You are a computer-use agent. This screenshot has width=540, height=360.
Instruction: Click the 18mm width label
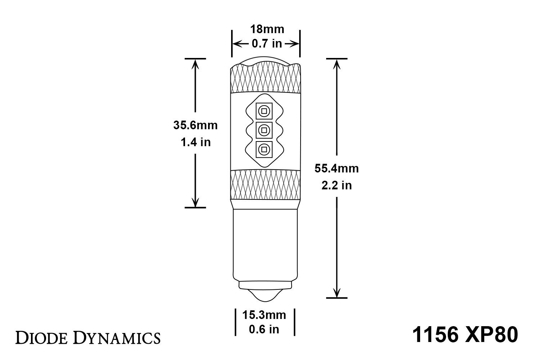[267, 29]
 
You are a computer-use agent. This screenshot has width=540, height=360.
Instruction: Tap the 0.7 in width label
[267, 44]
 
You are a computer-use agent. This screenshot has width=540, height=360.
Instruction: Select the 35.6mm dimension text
[195, 125]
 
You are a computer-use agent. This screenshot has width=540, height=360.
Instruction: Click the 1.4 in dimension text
[195, 142]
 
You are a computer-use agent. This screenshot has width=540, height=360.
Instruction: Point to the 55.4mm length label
[336, 168]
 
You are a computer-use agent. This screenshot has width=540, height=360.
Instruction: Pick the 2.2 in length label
[336, 185]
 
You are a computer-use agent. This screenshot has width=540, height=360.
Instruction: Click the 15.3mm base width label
[264, 315]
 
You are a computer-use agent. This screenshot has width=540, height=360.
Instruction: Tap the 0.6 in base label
[264, 329]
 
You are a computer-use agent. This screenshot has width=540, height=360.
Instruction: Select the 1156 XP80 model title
[465, 335]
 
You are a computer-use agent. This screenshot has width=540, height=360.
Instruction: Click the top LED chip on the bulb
[264, 111]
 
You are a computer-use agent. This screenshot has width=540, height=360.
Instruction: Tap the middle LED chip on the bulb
[264, 130]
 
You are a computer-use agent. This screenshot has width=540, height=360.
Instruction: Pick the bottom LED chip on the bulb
[264, 149]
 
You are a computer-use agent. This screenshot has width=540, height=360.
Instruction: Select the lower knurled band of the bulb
[265, 184]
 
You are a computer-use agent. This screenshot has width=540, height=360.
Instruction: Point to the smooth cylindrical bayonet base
[265, 245]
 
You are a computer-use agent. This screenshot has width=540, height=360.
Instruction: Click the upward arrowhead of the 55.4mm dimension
[337, 63]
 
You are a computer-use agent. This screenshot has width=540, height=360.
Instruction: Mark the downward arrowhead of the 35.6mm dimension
[195, 203]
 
